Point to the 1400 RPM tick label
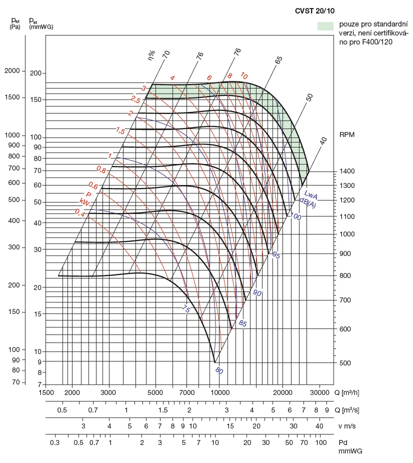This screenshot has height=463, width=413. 347,171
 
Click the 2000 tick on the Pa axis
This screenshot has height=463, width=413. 12,71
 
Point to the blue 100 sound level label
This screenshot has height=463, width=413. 295,216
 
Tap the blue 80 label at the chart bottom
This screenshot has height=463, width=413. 218,370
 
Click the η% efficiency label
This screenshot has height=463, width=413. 152,54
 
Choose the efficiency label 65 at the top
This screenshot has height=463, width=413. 278,58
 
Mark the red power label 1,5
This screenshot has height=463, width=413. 120,131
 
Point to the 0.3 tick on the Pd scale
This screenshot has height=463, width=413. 54,442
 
